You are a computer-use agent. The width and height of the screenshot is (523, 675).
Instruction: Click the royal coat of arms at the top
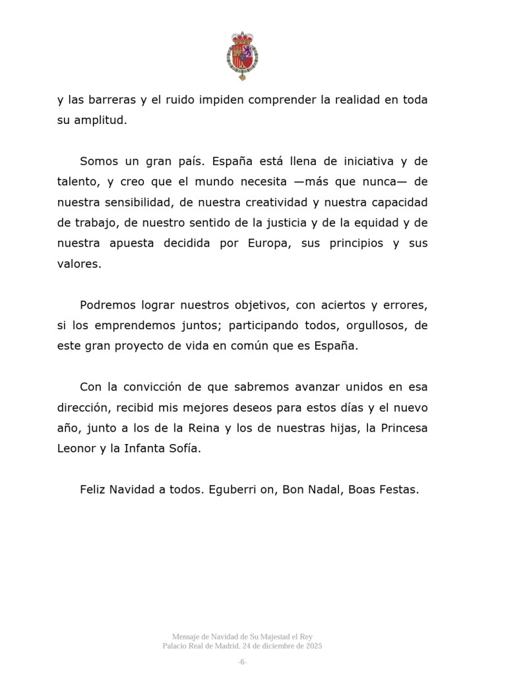pos(243,56)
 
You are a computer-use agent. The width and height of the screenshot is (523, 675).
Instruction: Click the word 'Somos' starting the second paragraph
pos(98,161)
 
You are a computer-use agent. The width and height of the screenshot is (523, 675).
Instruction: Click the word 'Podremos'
pos(108,305)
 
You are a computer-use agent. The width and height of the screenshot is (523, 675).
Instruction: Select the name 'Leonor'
pos(77,448)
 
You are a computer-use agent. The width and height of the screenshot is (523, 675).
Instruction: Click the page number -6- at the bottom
pos(242,662)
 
